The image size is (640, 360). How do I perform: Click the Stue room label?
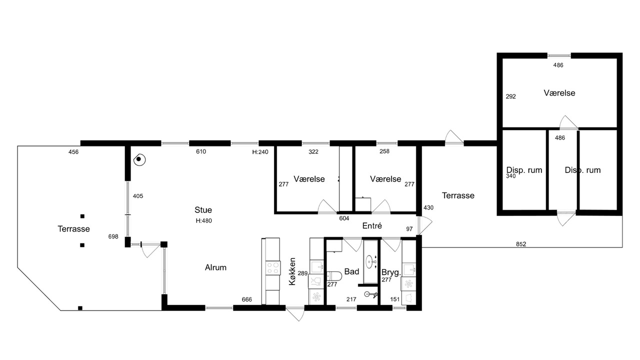pos(203,210)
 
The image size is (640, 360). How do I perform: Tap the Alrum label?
pos(215,267)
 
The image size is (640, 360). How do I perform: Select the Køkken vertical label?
pos(292,271)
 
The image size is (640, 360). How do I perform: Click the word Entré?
pos(372,225)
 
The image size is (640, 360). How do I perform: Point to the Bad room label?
pos(351,271)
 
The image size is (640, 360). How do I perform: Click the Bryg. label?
pos(391,272)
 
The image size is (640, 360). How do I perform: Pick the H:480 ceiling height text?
pos(203,220)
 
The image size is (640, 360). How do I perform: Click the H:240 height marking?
pos(260,152)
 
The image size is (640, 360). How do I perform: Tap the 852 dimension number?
pos(521,244)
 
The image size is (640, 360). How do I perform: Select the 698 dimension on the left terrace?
pos(113,236)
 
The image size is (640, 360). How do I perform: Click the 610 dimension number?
pos(201,151)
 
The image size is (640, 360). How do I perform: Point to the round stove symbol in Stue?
pos(139,159)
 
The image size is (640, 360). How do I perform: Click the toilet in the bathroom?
pos(334,276)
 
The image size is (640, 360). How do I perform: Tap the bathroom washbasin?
pos(371,261)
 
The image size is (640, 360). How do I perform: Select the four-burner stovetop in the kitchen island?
pos(272,268)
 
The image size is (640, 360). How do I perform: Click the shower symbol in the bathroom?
pos(370,294)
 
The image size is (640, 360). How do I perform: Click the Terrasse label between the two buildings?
pos(458,195)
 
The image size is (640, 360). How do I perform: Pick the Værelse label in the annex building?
pos(559,93)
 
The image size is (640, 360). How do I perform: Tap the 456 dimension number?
pos(73,152)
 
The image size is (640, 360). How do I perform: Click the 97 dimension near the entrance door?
pos(409,229)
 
